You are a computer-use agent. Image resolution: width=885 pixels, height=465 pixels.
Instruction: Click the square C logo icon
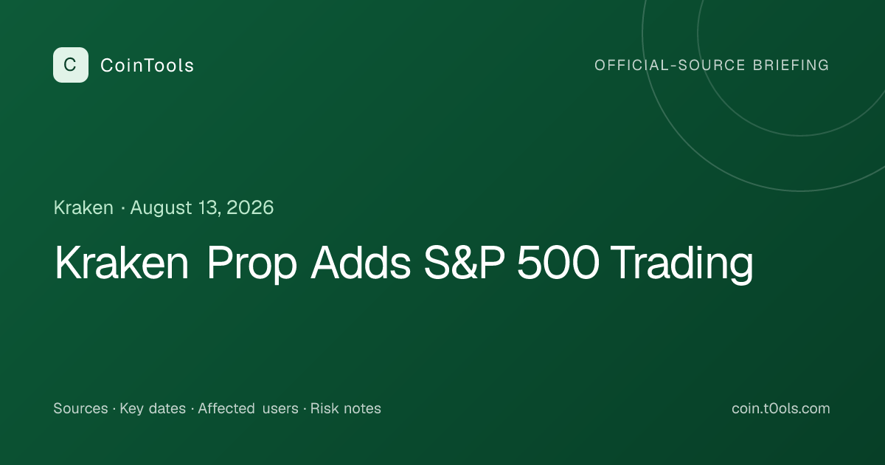(71, 65)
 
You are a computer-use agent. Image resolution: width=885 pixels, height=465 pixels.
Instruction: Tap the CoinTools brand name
(147, 65)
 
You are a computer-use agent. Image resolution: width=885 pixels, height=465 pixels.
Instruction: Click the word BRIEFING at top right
(791, 65)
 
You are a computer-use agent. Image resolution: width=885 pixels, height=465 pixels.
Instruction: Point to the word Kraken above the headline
(83, 207)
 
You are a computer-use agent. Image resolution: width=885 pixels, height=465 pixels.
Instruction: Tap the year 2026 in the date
(250, 207)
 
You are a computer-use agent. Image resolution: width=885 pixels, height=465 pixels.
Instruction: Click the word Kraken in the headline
(122, 263)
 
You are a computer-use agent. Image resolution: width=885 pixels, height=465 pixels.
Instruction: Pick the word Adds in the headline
(361, 263)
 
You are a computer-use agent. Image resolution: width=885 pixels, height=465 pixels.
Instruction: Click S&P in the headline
(464, 263)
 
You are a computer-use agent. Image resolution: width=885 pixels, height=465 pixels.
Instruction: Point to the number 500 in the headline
(558, 263)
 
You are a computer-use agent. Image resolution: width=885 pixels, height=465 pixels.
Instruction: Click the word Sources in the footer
(80, 408)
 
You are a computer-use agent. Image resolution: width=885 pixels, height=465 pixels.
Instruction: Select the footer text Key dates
(153, 408)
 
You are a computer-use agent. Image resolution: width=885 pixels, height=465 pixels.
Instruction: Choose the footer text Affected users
(248, 408)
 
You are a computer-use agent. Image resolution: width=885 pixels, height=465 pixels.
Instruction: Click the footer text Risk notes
(346, 408)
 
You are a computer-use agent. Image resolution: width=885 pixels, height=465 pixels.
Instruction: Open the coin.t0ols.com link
(781, 408)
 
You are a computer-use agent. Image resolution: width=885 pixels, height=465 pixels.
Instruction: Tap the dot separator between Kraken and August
(122, 208)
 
